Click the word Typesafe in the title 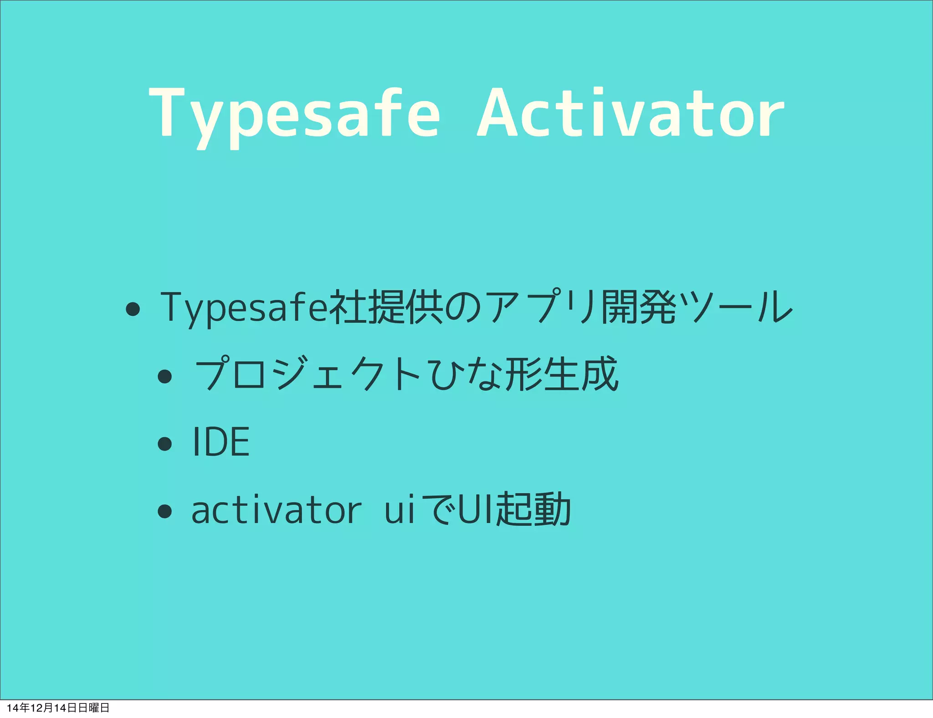(x=294, y=114)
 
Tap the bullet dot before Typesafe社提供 (x=133, y=309)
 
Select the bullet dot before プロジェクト (x=164, y=376)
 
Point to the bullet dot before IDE (x=164, y=443)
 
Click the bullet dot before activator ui (x=164, y=511)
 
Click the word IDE (x=221, y=441)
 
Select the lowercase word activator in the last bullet (x=277, y=510)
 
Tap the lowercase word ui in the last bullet (x=400, y=510)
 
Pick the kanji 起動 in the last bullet (x=533, y=509)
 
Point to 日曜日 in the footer (x=94, y=708)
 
